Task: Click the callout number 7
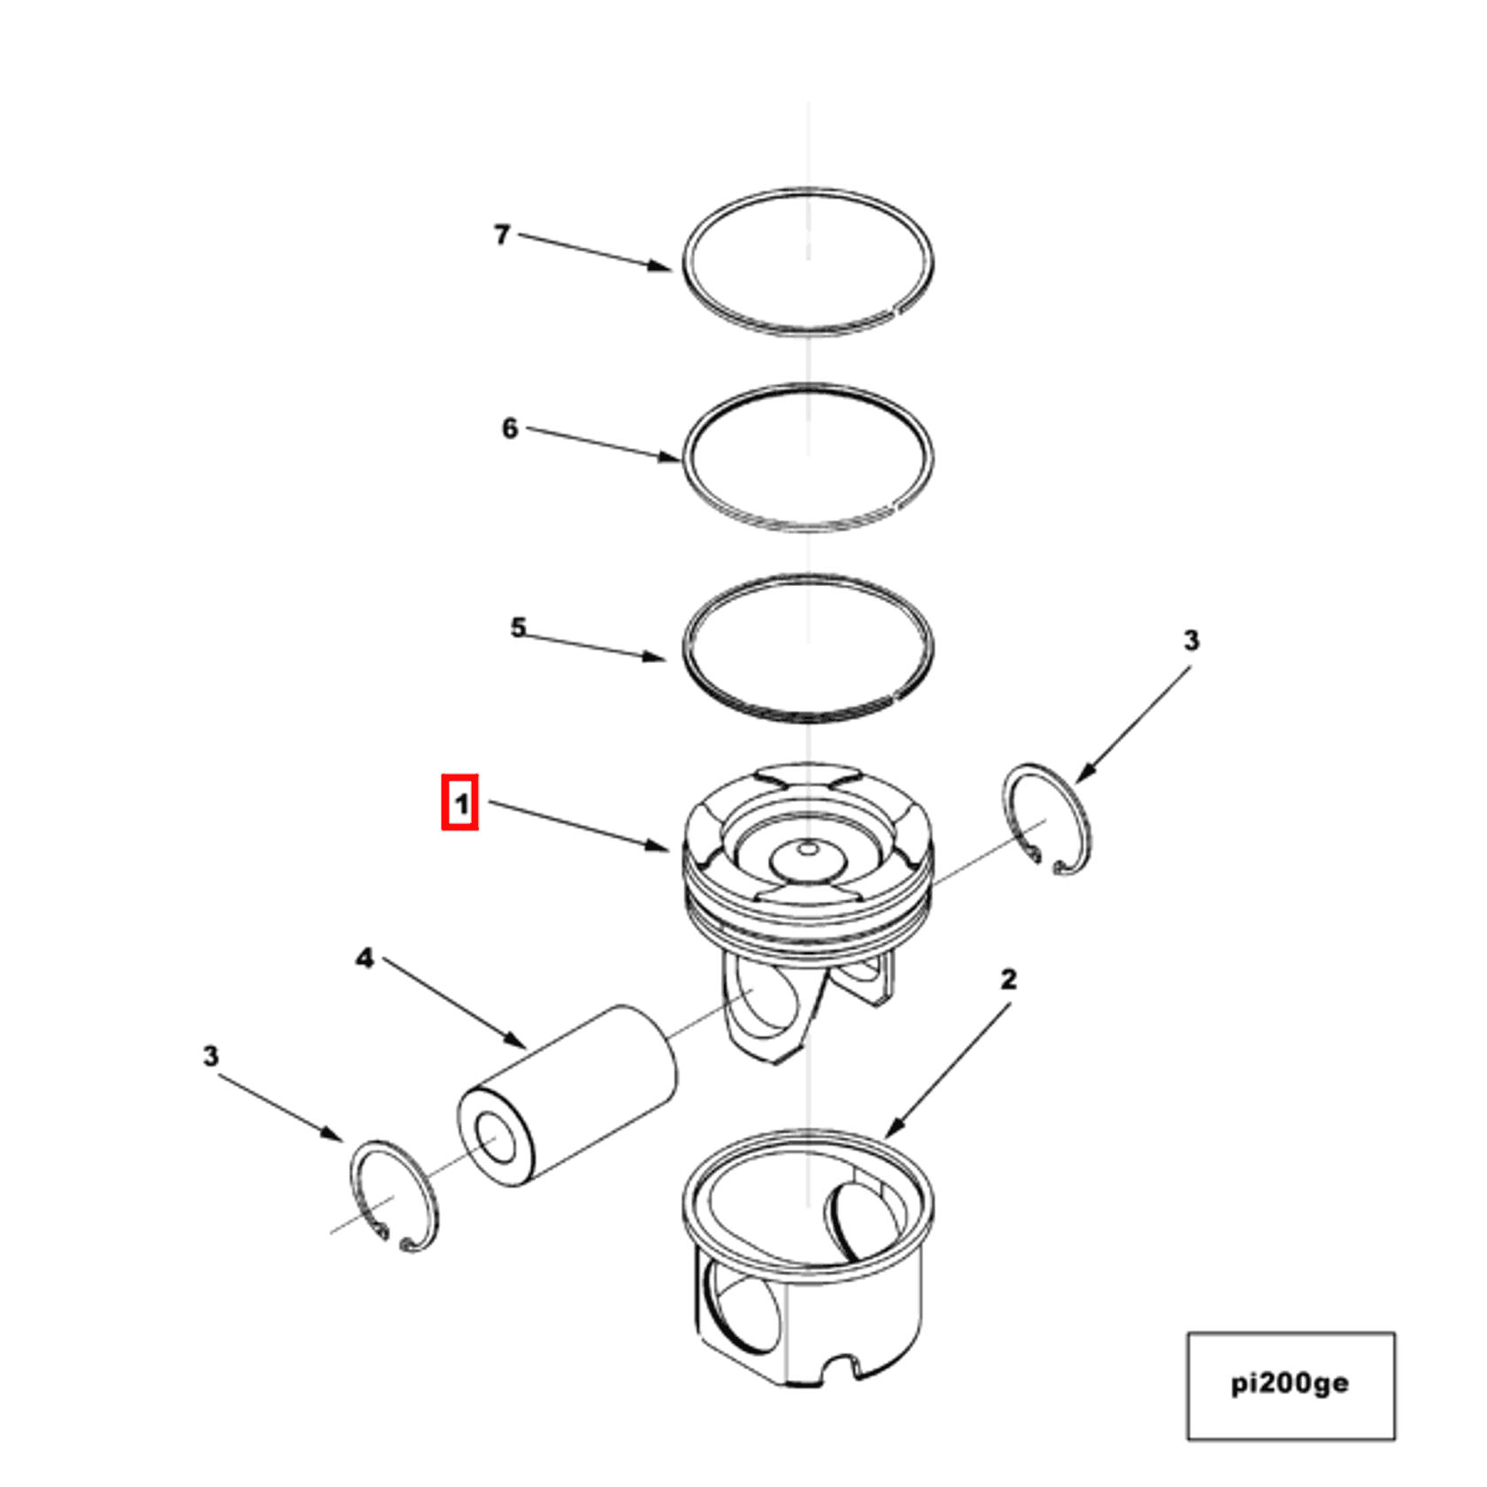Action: coord(501,235)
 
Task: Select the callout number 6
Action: coord(510,428)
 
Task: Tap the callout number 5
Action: coord(518,628)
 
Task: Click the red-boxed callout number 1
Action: coord(460,804)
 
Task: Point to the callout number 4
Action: coord(365,958)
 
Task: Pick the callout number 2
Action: coord(1009,979)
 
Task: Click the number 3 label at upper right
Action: coord(1191,640)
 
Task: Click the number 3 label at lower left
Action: coord(210,1055)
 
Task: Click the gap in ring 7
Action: coord(895,310)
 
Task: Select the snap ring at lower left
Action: coord(394,1196)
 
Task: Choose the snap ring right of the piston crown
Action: coord(1049,820)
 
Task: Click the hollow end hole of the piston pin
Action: coord(497,1138)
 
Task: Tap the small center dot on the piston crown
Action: coord(808,849)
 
